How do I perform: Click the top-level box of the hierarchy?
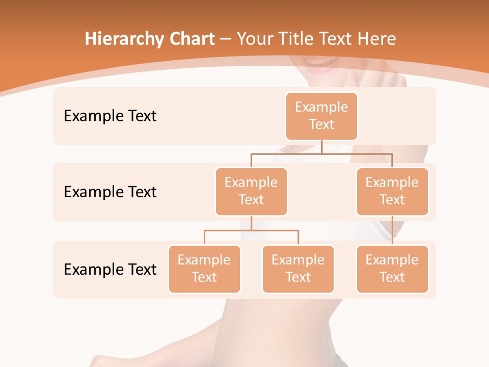click(x=321, y=116)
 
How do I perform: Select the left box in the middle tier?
click(x=251, y=192)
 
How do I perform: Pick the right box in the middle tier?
click(x=392, y=192)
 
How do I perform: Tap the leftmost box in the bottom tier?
click(x=204, y=269)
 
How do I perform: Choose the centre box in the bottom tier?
click(x=298, y=269)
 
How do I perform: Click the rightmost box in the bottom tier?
click(x=392, y=269)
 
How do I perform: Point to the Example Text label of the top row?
click(x=110, y=116)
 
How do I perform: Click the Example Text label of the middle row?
click(x=110, y=192)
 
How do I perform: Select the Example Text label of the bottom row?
click(x=110, y=269)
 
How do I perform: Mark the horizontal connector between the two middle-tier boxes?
click(x=321, y=153)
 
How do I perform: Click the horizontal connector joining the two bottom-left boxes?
click(x=251, y=230)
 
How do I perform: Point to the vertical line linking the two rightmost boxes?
click(x=392, y=230)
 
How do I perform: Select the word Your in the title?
click(x=254, y=39)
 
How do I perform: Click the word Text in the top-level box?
click(x=321, y=124)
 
